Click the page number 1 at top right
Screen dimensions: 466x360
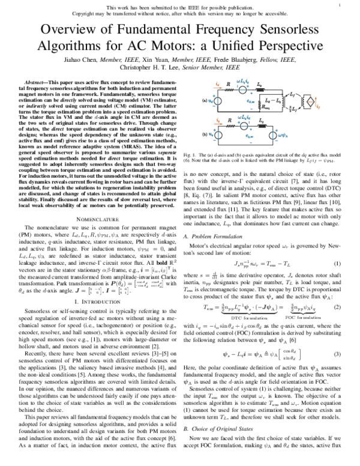[x=339, y=6]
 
